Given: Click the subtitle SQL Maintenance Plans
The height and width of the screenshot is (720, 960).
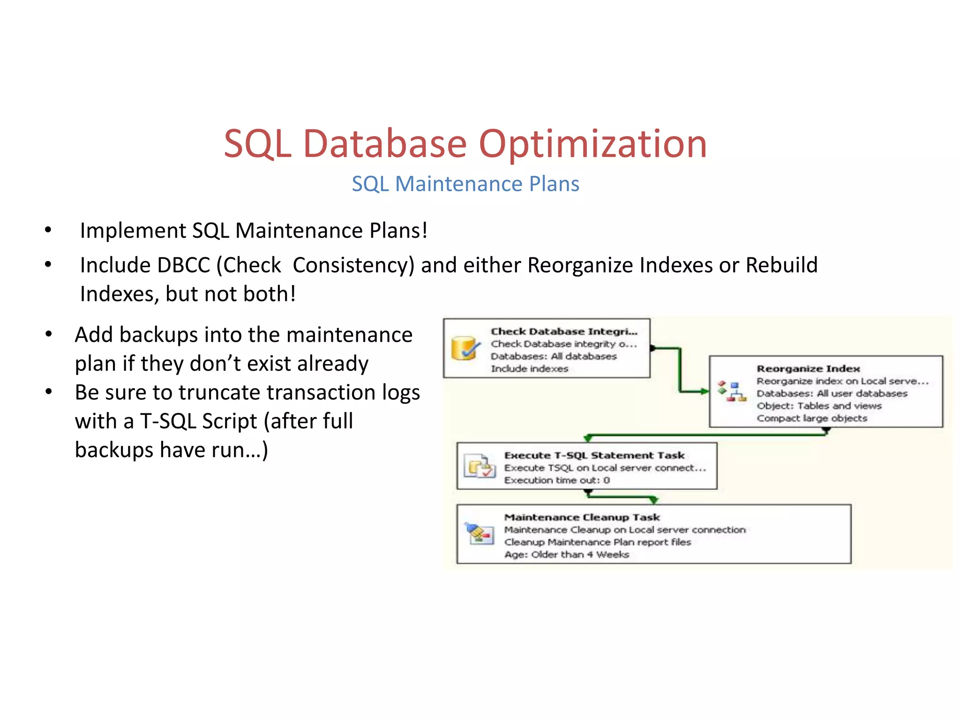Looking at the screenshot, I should pyautogui.click(x=465, y=184).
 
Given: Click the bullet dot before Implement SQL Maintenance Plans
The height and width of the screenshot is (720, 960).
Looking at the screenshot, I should pyautogui.click(x=48, y=230).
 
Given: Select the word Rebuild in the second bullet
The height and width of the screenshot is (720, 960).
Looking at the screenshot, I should pyautogui.click(x=781, y=265).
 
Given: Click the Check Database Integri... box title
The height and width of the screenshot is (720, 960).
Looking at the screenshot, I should pyautogui.click(x=564, y=331).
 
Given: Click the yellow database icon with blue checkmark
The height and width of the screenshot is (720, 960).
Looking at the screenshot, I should pyautogui.click(x=465, y=349).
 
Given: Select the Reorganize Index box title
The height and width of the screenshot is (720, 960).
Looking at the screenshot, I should pyautogui.click(x=808, y=369).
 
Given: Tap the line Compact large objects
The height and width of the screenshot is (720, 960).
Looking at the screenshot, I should pyautogui.click(x=811, y=418).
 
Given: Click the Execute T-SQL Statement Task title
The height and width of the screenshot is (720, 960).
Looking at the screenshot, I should pyautogui.click(x=594, y=455).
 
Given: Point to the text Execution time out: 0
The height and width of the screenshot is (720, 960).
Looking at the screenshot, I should pyautogui.click(x=556, y=480).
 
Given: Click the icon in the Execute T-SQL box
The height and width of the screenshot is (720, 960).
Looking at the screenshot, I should pyautogui.click(x=479, y=466).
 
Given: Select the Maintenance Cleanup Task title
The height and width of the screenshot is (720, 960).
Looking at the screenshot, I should pyautogui.click(x=582, y=517).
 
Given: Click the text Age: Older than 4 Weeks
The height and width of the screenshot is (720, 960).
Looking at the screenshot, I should pyautogui.click(x=566, y=555).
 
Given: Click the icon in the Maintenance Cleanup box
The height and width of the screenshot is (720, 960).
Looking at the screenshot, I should pyautogui.click(x=479, y=533).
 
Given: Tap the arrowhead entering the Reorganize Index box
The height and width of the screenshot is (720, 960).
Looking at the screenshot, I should pyautogui.click(x=705, y=391).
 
